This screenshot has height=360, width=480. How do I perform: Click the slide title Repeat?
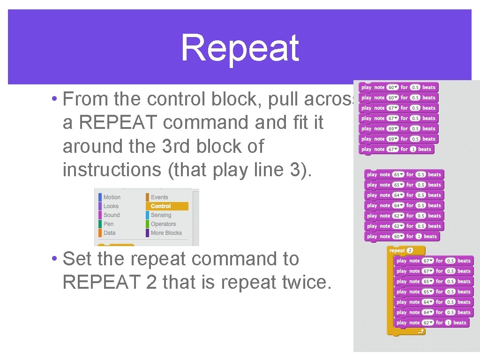point(240,48)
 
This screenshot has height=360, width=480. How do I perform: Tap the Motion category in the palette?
point(112,197)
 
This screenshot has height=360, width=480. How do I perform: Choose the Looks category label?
point(111,206)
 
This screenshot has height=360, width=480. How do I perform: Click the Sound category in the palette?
point(112,215)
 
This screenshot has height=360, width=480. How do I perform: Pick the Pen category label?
point(108,224)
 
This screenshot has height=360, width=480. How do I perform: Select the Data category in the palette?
point(109,233)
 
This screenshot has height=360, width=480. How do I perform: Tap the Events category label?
point(159,197)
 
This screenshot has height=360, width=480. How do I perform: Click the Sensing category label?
point(161,215)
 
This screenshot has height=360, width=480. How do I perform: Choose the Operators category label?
point(163,224)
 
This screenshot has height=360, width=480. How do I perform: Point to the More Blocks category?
point(166,233)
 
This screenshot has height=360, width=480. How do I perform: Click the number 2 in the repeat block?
point(409,251)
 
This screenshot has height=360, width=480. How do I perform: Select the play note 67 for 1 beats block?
point(396,150)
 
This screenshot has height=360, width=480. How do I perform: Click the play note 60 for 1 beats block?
point(402,237)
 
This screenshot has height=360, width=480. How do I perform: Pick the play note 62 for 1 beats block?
point(431,323)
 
